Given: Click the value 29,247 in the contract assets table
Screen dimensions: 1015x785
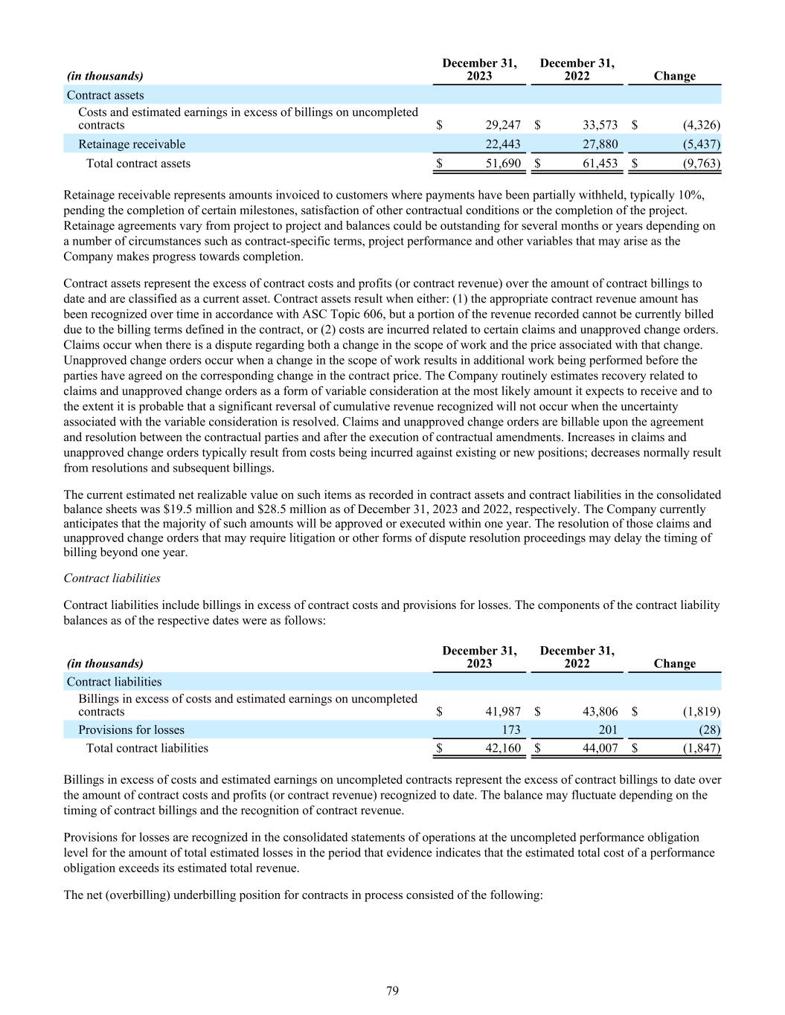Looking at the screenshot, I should [x=503, y=126].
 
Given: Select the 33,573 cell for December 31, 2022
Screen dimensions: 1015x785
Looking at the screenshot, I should [x=600, y=126].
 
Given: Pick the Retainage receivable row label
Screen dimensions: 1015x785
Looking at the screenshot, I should [x=132, y=144].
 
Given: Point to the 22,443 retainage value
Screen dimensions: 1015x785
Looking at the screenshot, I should [x=503, y=144].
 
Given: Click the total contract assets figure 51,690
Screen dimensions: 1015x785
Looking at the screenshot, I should [x=503, y=164].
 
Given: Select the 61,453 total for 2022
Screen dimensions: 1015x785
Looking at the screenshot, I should [x=600, y=164].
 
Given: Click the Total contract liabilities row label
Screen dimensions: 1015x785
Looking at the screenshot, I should [x=147, y=748].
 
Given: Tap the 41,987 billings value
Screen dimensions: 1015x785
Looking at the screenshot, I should [x=503, y=712].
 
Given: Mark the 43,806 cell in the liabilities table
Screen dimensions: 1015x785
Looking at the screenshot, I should [x=600, y=712].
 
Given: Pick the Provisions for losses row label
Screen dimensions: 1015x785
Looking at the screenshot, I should [x=131, y=730].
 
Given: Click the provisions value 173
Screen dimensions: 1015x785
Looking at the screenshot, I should [x=510, y=730].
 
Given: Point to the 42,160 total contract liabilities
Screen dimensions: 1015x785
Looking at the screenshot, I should [x=503, y=748].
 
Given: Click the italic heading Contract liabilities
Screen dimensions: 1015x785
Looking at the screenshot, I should [x=112, y=578].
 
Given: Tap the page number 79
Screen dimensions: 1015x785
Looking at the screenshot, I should [x=393, y=990].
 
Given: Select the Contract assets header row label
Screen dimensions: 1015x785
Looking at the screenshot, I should [x=106, y=95].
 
